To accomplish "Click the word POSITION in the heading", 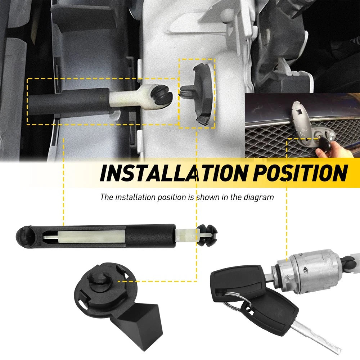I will [300, 173].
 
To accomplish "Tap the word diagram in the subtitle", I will [261, 197].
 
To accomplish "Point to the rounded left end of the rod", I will [25, 236].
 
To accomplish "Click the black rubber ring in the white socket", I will [161, 97].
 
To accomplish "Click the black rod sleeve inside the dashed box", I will [68, 101].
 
